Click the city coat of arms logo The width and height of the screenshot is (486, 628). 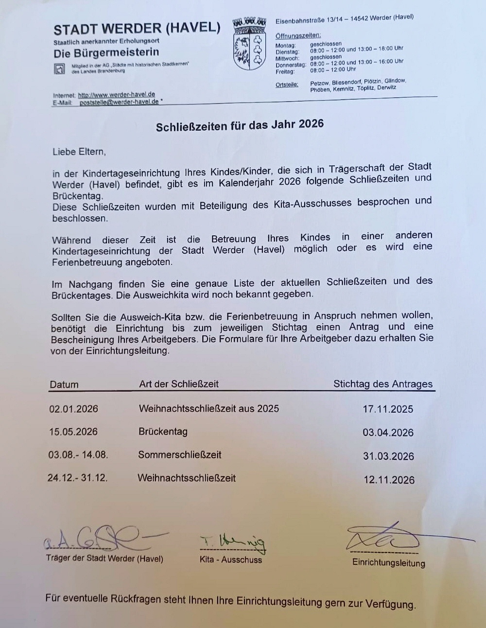coord(249,44)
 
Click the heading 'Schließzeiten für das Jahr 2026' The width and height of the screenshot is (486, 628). coord(240,125)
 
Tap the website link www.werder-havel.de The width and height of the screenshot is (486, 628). coord(117,95)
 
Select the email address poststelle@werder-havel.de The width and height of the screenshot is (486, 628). coord(119,102)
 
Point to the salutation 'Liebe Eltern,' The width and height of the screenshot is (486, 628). coord(79,152)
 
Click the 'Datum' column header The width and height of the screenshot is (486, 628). coord(64,384)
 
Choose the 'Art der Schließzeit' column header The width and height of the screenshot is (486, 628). coord(179,384)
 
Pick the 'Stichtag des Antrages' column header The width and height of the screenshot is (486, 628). coord(383,384)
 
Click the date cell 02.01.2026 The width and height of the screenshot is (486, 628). coord(73,409)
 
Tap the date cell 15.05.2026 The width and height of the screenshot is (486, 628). coord(73,432)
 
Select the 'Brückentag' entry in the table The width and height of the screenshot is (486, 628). coord(163,432)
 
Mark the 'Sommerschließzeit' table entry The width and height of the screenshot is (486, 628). coord(179,455)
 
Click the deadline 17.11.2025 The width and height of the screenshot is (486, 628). coord(388,409)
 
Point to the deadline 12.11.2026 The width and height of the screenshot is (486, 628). coord(389,480)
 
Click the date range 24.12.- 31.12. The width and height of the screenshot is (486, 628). coord(78,478)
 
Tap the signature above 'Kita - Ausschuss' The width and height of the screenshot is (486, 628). coord(233,542)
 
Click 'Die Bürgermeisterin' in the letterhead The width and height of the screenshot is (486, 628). coord(106,53)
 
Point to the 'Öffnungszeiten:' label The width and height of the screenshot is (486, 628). coord(298,35)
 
